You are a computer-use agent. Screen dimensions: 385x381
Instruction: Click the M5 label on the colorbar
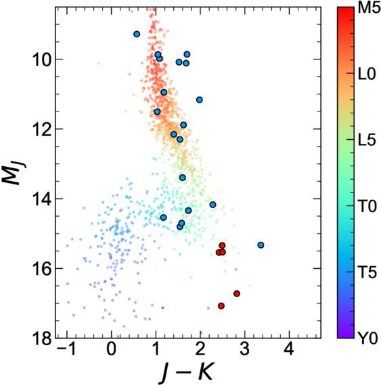[362, 11]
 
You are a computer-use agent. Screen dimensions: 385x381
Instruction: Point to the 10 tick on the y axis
[41, 59]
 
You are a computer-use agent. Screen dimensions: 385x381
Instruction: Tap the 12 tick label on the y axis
[41, 129]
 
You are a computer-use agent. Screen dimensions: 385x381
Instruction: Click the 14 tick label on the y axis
[41, 199]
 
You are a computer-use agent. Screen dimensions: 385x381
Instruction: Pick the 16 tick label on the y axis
[41, 268]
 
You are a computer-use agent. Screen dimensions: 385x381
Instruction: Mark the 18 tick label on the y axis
[41, 338]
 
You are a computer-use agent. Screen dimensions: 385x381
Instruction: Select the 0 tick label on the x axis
[112, 351]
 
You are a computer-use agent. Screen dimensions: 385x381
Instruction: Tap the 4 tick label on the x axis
[289, 351]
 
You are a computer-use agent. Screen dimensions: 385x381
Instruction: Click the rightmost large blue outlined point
[261, 245]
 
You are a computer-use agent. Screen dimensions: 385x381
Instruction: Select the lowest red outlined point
[221, 306]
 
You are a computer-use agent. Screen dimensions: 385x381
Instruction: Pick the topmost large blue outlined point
[137, 34]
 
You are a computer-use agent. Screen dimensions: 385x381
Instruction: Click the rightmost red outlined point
[237, 293]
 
